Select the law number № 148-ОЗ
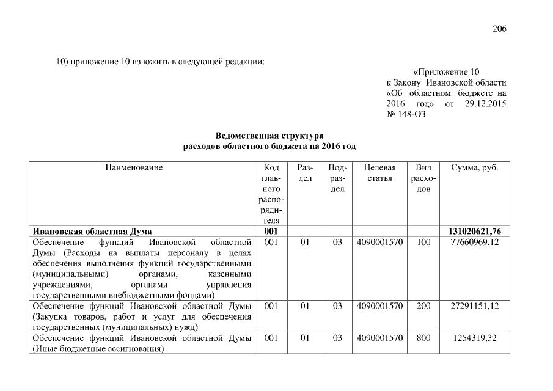point(406,115)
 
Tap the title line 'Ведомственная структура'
point(269,135)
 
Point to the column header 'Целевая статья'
point(379,173)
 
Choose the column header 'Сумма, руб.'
point(474,167)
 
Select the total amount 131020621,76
point(474,231)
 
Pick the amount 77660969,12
point(474,242)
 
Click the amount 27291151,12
point(474,305)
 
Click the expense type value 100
point(423,242)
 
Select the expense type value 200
point(423,305)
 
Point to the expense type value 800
point(423,338)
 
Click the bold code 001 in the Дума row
point(271,231)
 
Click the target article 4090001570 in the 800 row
point(379,338)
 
